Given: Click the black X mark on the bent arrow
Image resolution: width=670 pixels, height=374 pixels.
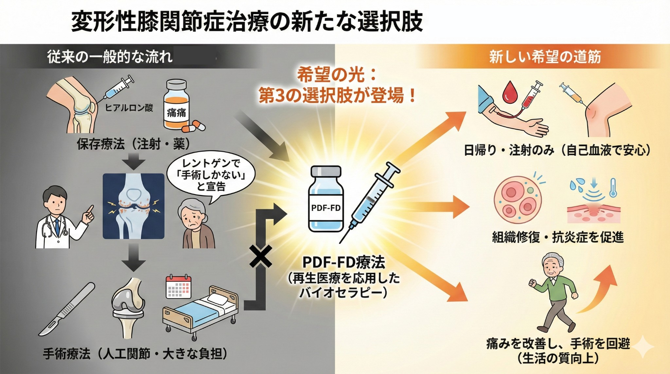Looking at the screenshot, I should (260, 257).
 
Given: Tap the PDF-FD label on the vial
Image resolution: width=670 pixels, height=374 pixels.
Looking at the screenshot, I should (326, 207).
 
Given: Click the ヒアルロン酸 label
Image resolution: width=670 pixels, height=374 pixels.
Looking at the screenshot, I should (129, 108).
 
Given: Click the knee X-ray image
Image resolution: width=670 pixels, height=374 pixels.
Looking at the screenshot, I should (133, 206).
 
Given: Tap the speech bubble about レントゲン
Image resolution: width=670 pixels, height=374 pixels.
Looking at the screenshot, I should (211, 175).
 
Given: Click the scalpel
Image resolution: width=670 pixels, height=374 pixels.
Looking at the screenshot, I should (67, 309).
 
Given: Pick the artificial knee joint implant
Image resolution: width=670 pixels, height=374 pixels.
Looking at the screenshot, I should (128, 308).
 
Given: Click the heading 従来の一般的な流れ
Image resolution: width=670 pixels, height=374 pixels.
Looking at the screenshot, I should (110, 57).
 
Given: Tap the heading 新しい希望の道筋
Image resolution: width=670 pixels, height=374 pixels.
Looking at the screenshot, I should (545, 57).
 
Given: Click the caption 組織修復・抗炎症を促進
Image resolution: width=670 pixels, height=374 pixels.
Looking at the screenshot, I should (558, 237).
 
